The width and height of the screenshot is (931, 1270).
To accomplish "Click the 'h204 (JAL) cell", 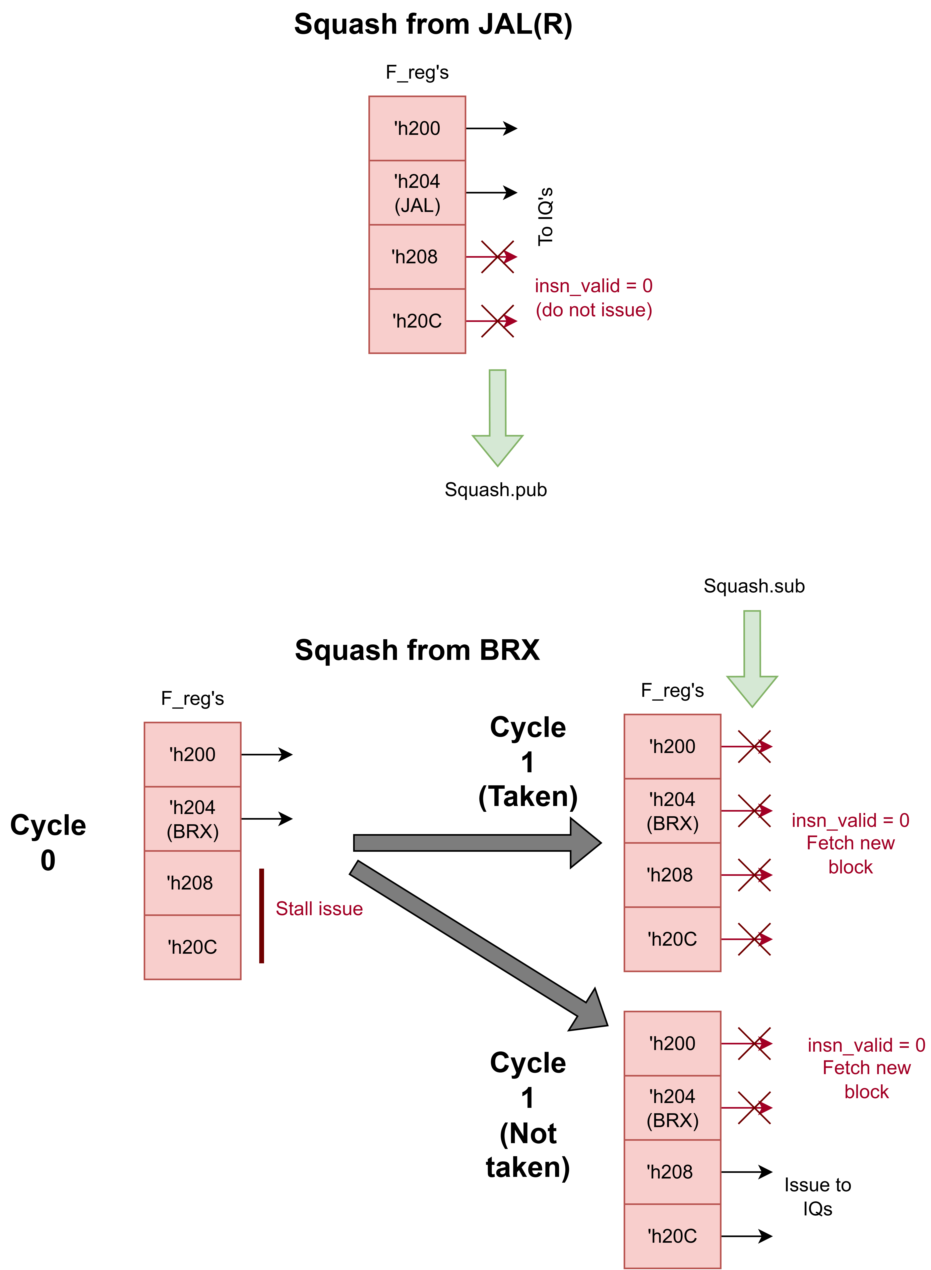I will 417,193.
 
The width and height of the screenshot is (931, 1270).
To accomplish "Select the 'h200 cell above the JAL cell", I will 417,128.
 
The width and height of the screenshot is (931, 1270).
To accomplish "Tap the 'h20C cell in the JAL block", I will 417,321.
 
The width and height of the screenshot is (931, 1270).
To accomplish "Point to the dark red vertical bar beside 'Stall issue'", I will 261,916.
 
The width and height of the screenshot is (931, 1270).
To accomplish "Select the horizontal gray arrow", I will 476,843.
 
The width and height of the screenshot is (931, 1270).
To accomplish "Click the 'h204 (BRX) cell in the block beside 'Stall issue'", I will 193,819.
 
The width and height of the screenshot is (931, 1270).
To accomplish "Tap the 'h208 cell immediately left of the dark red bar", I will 193,883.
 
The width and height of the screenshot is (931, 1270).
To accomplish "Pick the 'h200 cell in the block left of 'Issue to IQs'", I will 193,754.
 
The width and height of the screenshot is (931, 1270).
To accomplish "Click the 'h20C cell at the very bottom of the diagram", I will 672,1236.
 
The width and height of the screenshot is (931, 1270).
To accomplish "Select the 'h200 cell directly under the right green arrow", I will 672,746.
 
